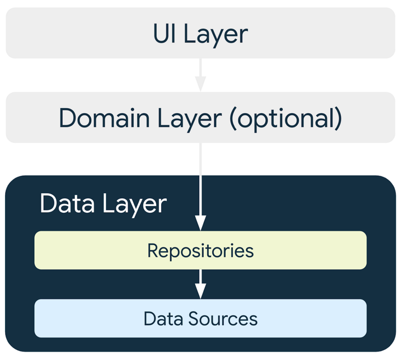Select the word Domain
[x=104, y=118]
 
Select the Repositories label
[x=200, y=251]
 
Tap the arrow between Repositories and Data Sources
[x=200, y=283]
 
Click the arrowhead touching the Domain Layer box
[x=200, y=85]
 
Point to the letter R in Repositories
[x=153, y=250]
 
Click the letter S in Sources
[x=196, y=319]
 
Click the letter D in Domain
[x=67, y=118]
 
